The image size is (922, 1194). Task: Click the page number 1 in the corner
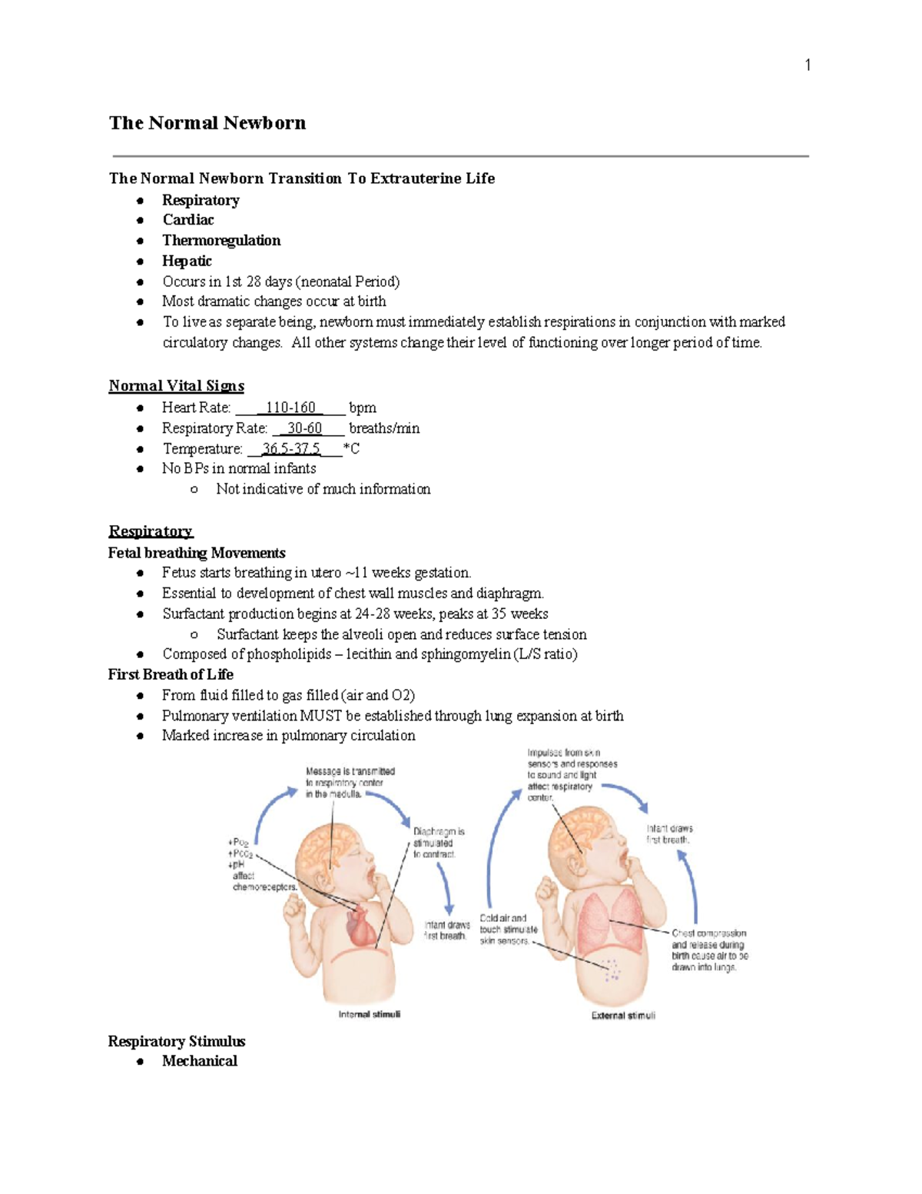pos(808,65)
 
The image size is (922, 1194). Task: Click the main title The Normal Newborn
pos(207,123)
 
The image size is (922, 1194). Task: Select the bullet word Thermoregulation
pos(221,241)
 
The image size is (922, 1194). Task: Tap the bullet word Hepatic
pos(187,261)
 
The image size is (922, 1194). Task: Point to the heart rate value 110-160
pos(290,407)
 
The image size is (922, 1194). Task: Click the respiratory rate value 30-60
pos(304,428)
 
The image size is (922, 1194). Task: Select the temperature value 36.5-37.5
pos(291,449)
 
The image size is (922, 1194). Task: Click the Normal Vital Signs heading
pos(176,386)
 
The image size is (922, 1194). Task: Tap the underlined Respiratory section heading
pos(151,531)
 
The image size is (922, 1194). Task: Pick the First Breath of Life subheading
pos(171,674)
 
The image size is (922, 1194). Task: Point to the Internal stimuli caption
pos(370,1014)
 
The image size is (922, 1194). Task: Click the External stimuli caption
pos(623,1016)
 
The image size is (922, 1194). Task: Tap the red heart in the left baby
pos(360,926)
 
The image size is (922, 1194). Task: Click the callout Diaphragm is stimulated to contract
pos(438,843)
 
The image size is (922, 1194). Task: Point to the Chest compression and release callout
pos(709,950)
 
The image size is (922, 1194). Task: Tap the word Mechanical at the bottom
pos(200,1061)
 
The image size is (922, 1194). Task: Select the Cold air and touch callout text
pos(508,930)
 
